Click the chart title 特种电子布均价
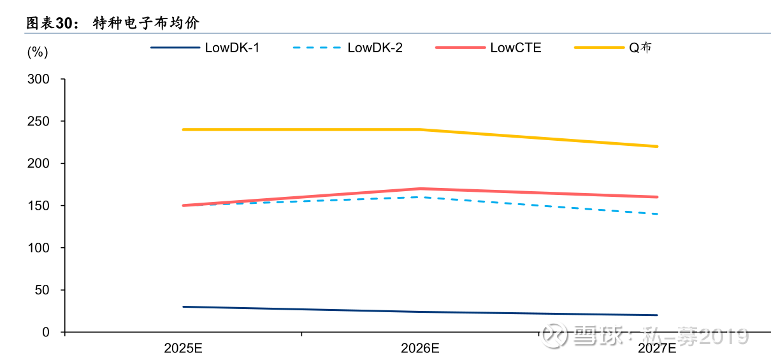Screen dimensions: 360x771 tap(146, 24)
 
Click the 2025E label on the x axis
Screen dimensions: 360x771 tap(183, 349)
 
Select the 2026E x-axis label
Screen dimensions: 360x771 tap(420, 349)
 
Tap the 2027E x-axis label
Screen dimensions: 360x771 tap(657, 349)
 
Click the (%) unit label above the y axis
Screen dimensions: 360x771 tap(37, 52)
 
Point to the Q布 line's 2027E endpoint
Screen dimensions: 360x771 tap(657, 147)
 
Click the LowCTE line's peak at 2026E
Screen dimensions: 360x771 tap(420, 189)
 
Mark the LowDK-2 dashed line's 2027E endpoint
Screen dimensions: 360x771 tap(657, 214)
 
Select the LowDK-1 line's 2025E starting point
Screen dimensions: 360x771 tap(184, 306)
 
